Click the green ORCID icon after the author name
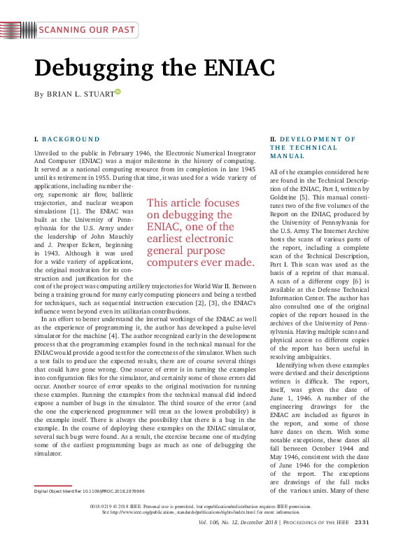(x=118, y=92)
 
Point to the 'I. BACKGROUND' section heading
(x=67, y=139)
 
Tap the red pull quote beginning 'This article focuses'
(x=200, y=232)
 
